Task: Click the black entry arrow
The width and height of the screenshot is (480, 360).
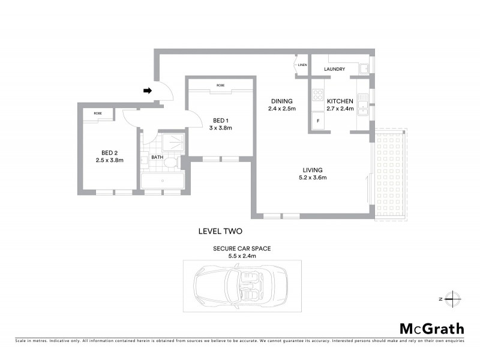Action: coord(148,91)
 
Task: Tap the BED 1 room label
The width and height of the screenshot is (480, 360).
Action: coord(220,119)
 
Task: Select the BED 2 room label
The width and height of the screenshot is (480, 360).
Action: coord(109,152)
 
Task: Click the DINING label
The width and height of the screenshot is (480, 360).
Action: coord(281,101)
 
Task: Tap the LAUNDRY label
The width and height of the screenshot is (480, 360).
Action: coord(334,69)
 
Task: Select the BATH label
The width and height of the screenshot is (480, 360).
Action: coord(157,158)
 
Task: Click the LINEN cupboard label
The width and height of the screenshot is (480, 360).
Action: coord(302,64)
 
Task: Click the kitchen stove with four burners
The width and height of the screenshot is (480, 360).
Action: coord(318,95)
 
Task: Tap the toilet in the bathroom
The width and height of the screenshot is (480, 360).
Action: coord(169,162)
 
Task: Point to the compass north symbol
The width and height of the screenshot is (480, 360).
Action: coord(454,298)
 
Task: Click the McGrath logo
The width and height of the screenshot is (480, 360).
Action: coord(431,328)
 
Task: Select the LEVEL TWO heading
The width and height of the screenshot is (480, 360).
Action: coord(220,230)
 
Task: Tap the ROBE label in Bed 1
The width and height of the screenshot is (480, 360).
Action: coord(220,85)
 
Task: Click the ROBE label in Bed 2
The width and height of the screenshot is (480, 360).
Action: coord(97,113)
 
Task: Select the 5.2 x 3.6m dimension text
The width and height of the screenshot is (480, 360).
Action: coord(313,178)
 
